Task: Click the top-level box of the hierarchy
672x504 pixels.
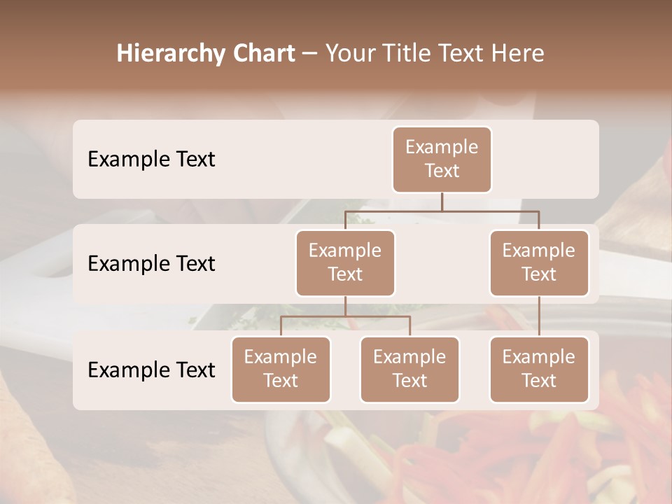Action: [x=442, y=159]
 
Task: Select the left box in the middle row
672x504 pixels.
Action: [x=345, y=262]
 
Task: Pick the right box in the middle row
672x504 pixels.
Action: [x=539, y=262]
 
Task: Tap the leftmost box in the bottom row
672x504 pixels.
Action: [x=281, y=369]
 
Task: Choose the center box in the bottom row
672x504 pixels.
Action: [x=409, y=369]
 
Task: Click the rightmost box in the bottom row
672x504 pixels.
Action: [x=539, y=369]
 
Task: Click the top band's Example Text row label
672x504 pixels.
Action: [x=151, y=159]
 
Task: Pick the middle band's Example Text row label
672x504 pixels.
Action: [x=151, y=263]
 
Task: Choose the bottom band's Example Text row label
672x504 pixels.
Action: [x=151, y=370]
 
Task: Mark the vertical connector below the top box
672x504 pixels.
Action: [x=442, y=202]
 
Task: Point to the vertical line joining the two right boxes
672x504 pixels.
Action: [x=539, y=316]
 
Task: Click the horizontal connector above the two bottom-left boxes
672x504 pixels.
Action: [x=345, y=316]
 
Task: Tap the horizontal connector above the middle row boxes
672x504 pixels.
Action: [x=442, y=210]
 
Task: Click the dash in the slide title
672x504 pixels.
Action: [x=310, y=53]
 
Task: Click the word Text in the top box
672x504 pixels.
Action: [x=442, y=171]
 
